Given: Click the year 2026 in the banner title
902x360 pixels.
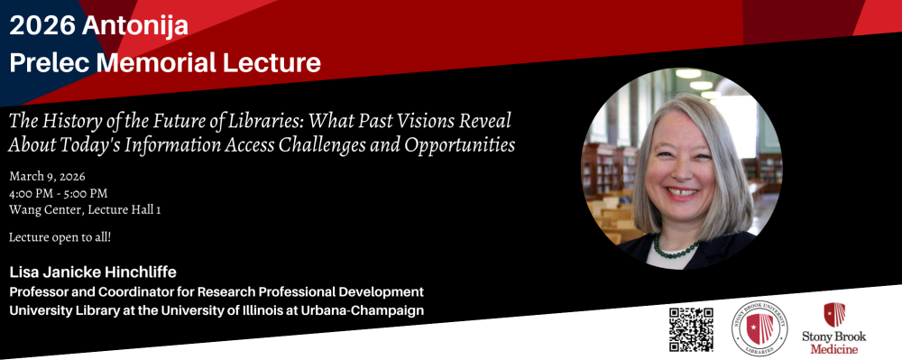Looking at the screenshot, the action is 42,26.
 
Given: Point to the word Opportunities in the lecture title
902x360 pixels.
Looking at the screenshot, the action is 460,145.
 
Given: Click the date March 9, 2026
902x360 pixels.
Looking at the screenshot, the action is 47,177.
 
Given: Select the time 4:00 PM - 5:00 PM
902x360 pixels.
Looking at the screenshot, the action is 58,193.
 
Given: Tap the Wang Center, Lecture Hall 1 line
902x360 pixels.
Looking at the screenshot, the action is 85,210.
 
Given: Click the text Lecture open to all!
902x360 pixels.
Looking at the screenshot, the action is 60,237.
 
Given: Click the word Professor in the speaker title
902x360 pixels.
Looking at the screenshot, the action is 37,291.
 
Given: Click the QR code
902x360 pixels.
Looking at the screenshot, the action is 691,329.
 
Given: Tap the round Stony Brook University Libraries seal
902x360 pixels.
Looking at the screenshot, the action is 759,328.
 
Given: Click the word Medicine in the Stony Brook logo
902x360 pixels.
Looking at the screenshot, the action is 833,349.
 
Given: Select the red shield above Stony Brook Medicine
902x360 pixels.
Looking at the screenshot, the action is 834,315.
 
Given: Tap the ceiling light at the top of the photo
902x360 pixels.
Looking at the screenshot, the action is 688,74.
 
